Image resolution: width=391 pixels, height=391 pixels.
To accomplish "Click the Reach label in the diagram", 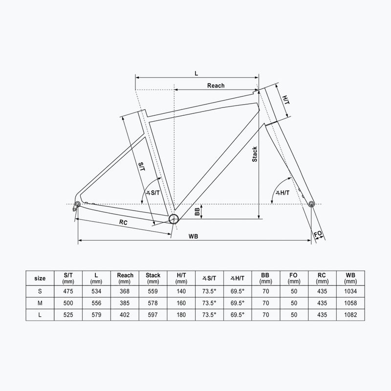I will (x=216, y=86).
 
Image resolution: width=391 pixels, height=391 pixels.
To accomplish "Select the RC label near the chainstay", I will (x=124, y=222).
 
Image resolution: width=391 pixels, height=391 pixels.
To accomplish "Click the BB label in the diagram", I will (x=197, y=212).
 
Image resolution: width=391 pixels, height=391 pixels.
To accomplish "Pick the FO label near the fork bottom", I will (x=318, y=234).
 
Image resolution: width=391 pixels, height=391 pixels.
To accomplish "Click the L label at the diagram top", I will (x=196, y=73).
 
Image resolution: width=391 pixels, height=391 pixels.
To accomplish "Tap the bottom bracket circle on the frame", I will (x=173, y=219).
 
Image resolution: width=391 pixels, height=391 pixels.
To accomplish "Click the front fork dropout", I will (x=311, y=204).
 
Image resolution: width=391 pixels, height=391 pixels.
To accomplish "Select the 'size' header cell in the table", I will (x=41, y=278).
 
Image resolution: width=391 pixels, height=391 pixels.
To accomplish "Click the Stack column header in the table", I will (x=153, y=278).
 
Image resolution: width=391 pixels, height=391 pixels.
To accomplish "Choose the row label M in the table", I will (x=41, y=303).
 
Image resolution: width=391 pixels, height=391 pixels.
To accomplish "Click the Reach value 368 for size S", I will (x=125, y=291).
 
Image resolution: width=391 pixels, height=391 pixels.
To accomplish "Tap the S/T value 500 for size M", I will (x=69, y=303).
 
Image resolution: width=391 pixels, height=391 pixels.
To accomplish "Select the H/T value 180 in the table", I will (x=181, y=315).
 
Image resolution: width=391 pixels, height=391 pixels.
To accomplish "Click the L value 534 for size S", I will (x=97, y=291).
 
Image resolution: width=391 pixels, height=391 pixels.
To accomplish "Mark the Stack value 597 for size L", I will (x=153, y=315).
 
